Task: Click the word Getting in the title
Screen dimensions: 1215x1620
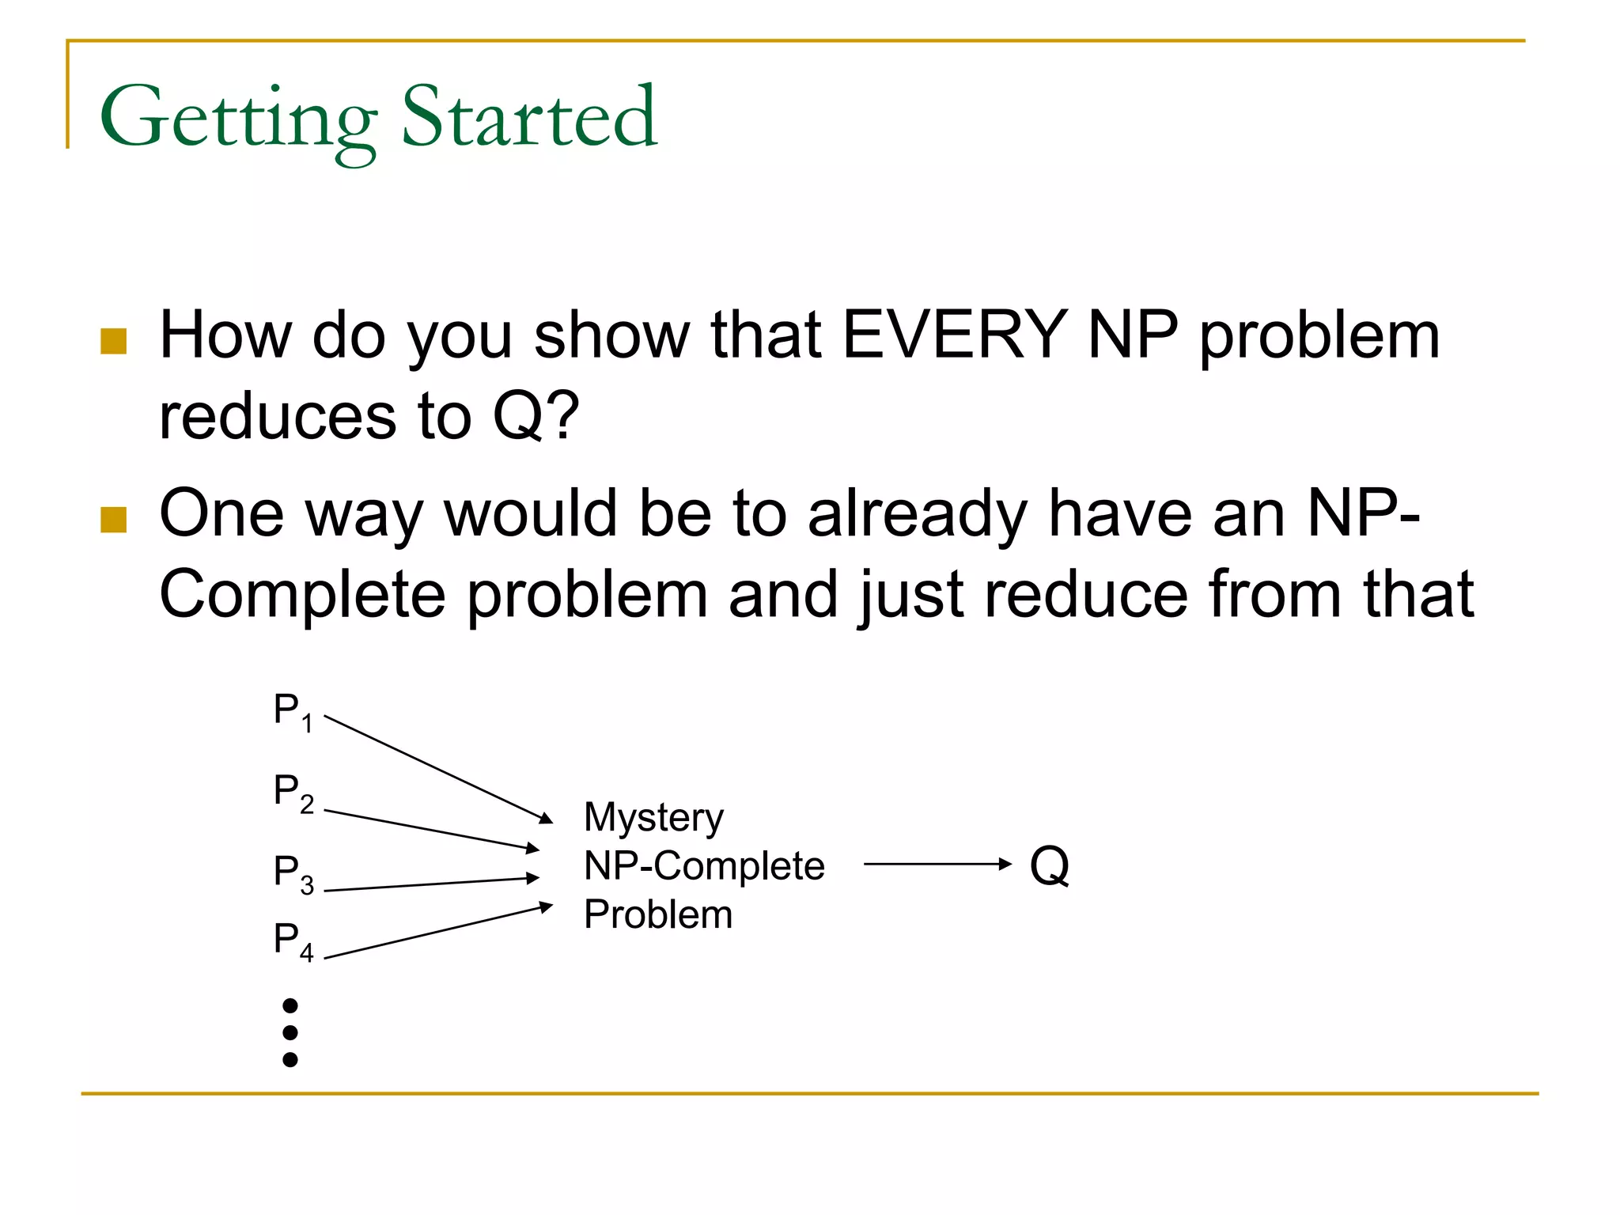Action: (x=237, y=119)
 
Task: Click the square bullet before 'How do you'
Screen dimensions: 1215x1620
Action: (x=114, y=342)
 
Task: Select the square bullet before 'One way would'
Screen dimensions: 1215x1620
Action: (x=114, y=520)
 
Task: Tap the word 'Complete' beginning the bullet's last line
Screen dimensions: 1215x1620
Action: (x=302, y=595)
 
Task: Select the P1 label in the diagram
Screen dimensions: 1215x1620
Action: (x=293, y=711)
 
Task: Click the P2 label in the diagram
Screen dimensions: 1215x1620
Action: (x=293, y=792)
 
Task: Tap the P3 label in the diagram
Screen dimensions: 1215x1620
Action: (x=293, y=873)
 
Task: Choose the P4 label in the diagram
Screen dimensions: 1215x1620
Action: (x=293, y=941)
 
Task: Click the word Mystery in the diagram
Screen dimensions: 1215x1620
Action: (x=653, y=818)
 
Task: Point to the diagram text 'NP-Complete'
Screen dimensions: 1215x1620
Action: (x=704, y=865)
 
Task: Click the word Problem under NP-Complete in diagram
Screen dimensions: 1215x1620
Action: (x=658, y=914)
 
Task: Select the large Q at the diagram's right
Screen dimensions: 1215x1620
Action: (x=1050, y=866)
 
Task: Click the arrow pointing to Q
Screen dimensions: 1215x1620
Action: (x=937, y=864)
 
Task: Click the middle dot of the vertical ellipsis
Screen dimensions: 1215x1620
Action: (x=290, y=1032)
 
